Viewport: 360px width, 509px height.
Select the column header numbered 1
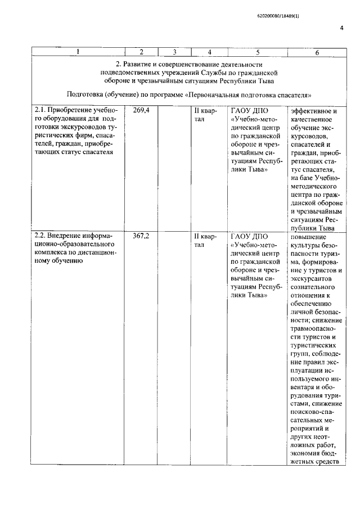[78, 52]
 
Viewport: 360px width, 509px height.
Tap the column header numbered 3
[175, 52]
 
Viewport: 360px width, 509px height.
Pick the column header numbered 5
[257, 52]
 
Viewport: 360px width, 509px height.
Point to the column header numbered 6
[317, 52]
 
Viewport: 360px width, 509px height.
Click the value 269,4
[141, 111]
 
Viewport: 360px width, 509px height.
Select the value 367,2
[141, 237]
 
